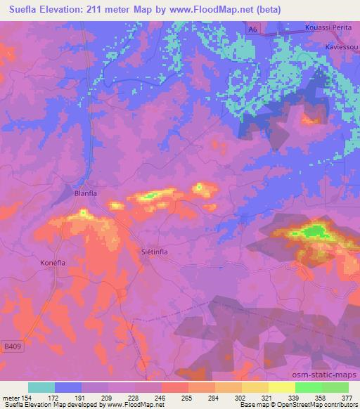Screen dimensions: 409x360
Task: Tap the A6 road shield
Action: tap(253, 27)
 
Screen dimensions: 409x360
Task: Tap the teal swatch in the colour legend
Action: tap(41, 387)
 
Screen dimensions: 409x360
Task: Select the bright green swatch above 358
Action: tap(308, 387)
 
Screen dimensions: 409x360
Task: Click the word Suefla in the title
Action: tap(24, 8)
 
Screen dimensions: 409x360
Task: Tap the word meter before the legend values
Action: tap(11, 397)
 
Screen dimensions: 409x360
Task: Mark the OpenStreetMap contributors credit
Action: tap(310, 405)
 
